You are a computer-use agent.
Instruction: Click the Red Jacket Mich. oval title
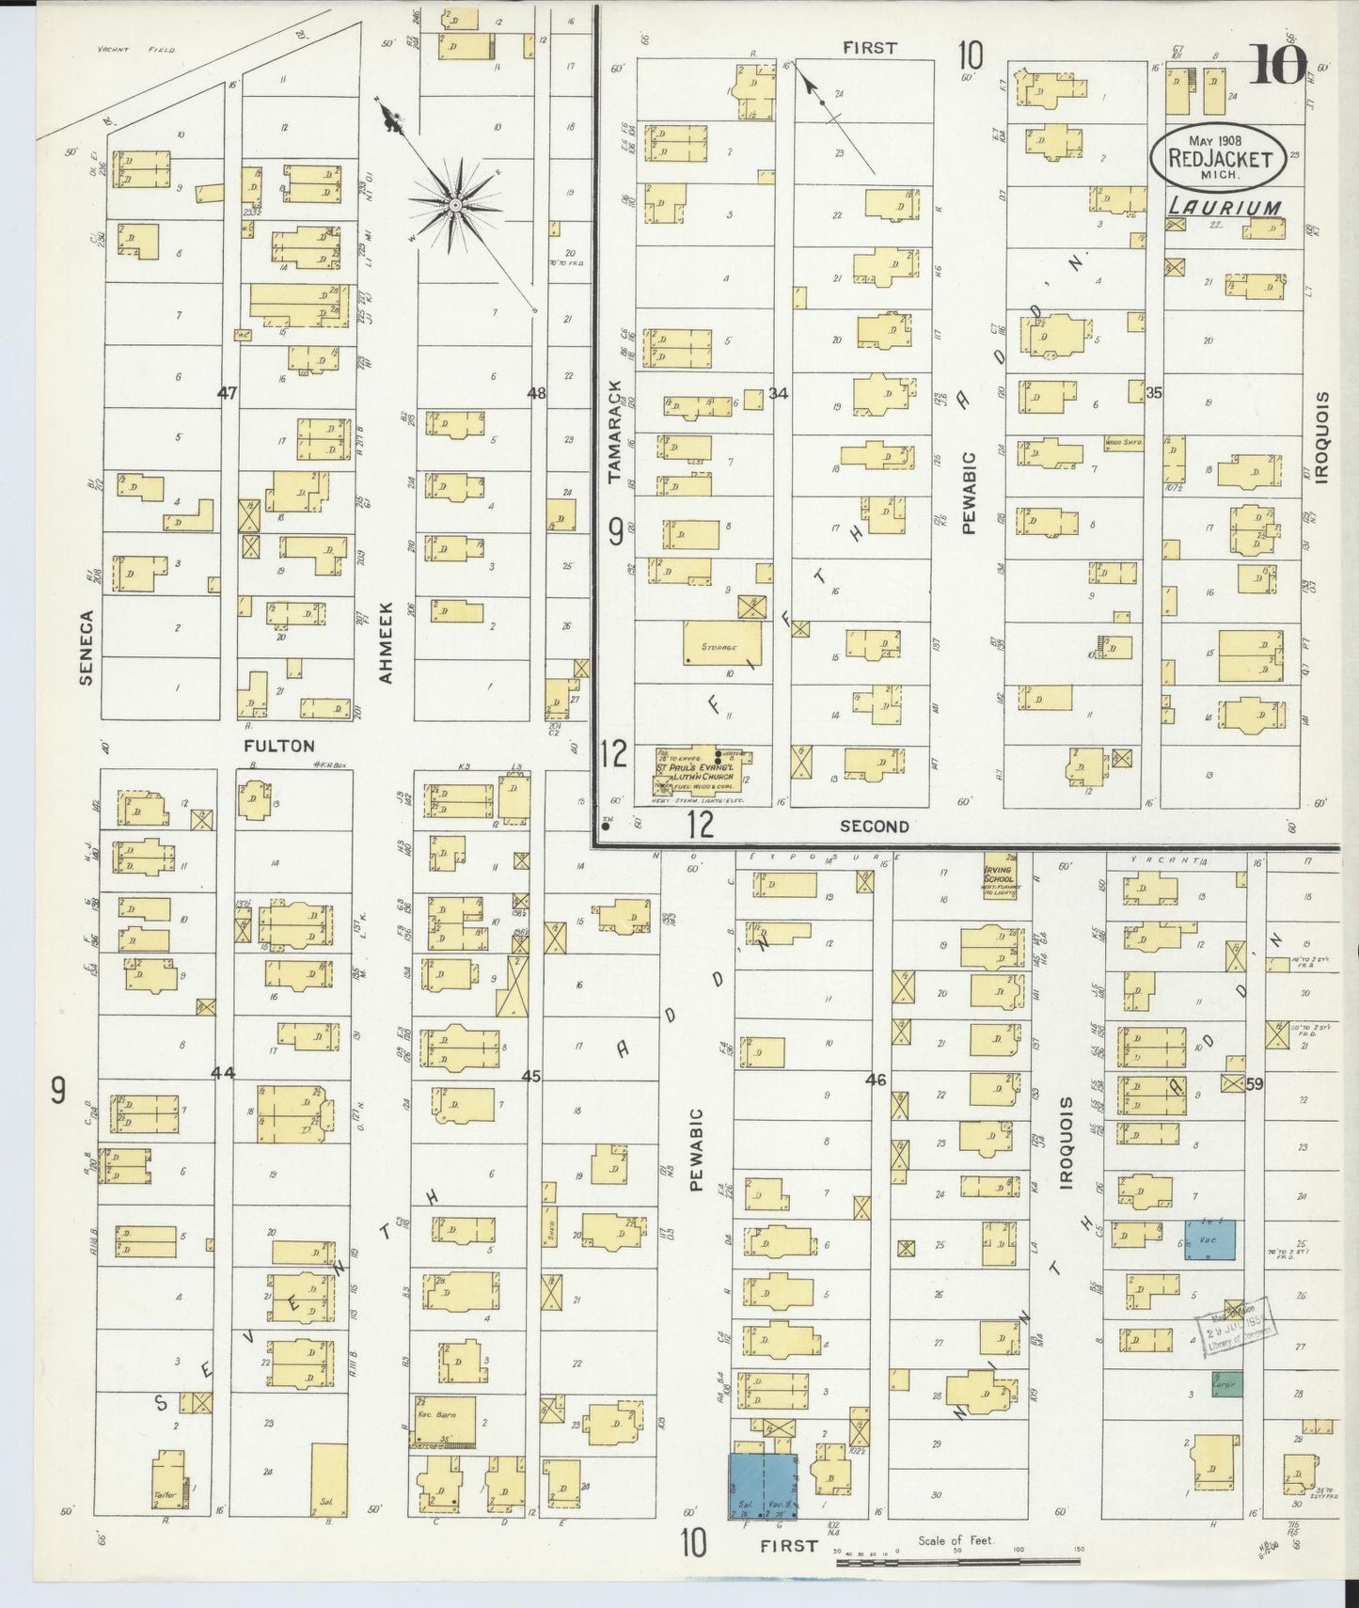(1219, 157)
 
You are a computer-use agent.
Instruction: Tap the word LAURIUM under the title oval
(1224, 208)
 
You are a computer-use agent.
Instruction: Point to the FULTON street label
(278, 746)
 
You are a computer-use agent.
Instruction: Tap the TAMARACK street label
(615, 432)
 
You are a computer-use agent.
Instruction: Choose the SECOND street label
(874, 826)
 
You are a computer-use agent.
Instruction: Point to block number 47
(227, 394)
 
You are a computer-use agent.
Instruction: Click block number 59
(1254, 1083)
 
